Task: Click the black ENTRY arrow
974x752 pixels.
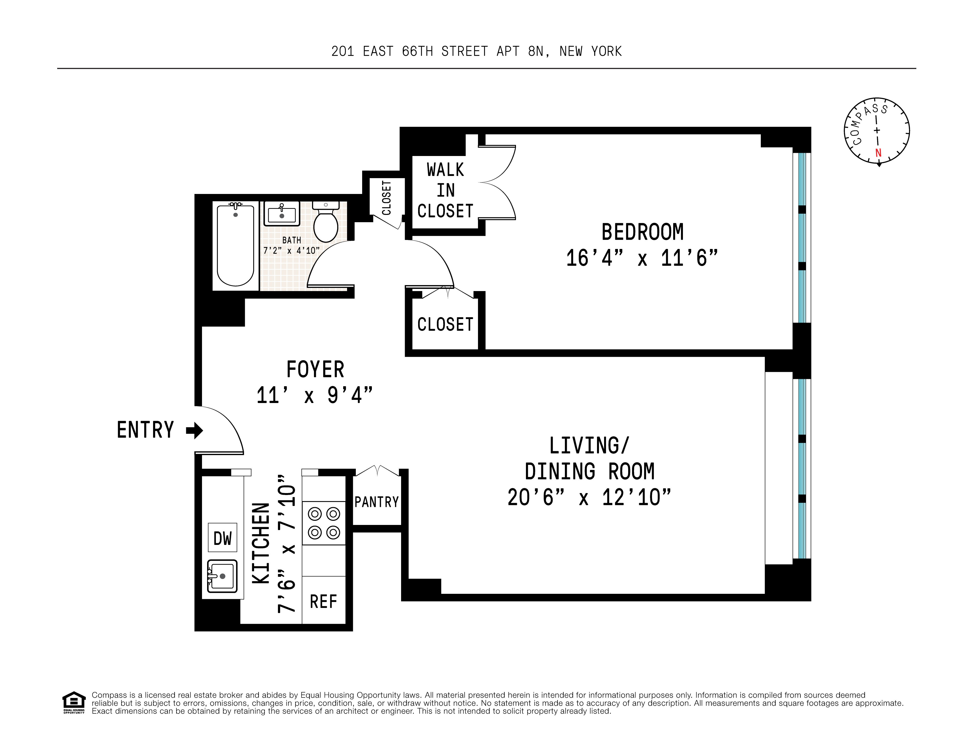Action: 194,431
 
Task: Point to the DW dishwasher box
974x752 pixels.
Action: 222,538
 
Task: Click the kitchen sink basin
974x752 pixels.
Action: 222,576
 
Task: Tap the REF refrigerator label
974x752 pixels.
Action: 323,602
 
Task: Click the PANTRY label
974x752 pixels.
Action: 377,502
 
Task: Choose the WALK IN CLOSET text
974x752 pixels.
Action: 445,191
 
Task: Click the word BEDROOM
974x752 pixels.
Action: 642,232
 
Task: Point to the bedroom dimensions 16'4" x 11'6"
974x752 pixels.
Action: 642,258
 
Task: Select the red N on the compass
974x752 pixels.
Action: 878,153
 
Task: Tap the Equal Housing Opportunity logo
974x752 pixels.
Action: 74,703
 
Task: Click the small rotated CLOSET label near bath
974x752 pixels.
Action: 387,198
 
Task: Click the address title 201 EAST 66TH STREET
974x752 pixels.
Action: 476,52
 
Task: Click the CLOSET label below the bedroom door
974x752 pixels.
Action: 445,324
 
